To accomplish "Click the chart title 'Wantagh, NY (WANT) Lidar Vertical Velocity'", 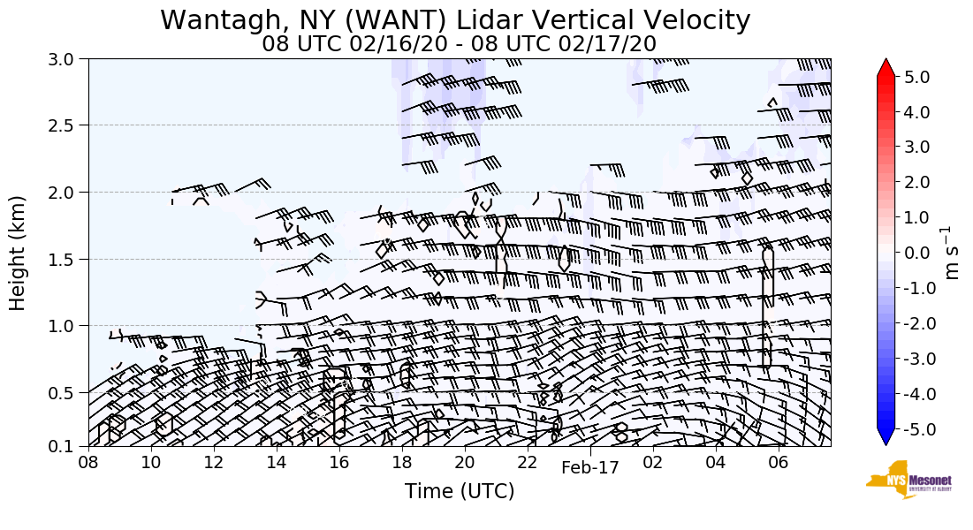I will pos(455,20).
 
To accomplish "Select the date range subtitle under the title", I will pos(459,43).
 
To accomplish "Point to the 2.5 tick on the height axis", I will pos(69,125).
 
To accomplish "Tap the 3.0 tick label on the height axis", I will pos(69,59).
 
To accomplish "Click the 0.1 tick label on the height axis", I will pos(69,447).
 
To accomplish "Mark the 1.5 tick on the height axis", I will pos(69,260).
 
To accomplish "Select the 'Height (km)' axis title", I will pos(19,253).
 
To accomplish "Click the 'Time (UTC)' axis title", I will pos(459,491).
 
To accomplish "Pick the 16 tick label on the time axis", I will pos(338,463).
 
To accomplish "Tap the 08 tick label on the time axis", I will pos(88,463).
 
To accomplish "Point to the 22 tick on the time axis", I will pos(528,463).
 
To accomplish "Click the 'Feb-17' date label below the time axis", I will pos(590,468).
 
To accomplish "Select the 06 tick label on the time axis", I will pos(779,463).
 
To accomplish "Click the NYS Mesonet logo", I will pos(902,479).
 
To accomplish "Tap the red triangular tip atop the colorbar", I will pos(886,67).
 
